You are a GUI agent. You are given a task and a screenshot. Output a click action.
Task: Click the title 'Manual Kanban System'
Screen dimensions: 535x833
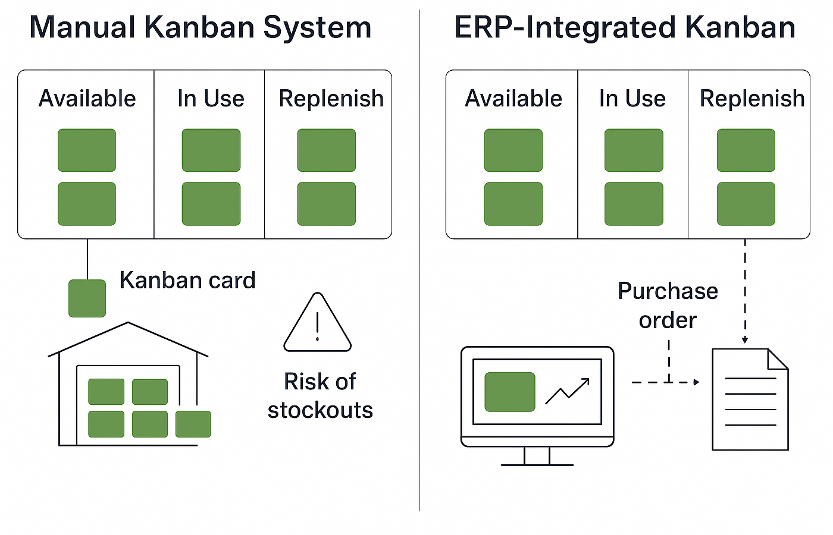[x=200, y=28]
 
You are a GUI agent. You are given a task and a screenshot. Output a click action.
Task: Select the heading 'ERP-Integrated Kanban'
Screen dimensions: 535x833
[x=625, y=28]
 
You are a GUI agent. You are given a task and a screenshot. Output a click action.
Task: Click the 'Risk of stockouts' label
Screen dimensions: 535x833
[x=320, y=395]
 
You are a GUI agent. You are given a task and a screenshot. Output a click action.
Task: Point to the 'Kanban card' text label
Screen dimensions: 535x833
[x=187, y=280]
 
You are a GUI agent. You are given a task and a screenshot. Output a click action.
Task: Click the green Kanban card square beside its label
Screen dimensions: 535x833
[x=87, y=298]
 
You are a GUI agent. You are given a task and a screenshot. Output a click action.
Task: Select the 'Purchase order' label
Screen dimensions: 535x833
[x=668, y=306]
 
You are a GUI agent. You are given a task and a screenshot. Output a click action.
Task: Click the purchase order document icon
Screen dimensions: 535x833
[x=750, y=399]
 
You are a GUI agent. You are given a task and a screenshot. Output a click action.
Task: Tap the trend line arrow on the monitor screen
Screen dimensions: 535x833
[x=568, y=391]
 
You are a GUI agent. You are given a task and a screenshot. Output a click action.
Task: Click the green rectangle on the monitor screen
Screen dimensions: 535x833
[x=510, y=392]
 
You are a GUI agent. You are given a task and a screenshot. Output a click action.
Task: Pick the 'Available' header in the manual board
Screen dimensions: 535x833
[x=87, y=99]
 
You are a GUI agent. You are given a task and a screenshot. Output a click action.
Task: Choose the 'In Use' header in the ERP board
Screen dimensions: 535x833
[x=632, y=99]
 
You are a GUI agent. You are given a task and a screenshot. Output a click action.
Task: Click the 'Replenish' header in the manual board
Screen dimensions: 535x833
[x=331, y=99]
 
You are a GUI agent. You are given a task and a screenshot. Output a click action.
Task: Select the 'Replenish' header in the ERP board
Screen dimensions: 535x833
[x=752, y=99]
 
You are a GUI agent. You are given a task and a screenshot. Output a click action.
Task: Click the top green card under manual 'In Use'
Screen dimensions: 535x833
[x=211, y=150]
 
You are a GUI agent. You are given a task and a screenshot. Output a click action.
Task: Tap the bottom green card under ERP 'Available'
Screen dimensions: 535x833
[x=513, y=204]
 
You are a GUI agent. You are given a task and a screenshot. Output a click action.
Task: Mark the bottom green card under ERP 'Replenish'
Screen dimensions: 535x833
[x=746, y=204]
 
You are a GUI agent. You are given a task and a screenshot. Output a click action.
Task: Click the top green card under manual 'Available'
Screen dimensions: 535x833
[x=87, y=150]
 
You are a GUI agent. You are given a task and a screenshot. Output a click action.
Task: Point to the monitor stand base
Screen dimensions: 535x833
[x=537, y=463]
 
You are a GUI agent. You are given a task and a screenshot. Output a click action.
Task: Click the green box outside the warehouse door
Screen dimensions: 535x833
[x=193, y=424]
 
